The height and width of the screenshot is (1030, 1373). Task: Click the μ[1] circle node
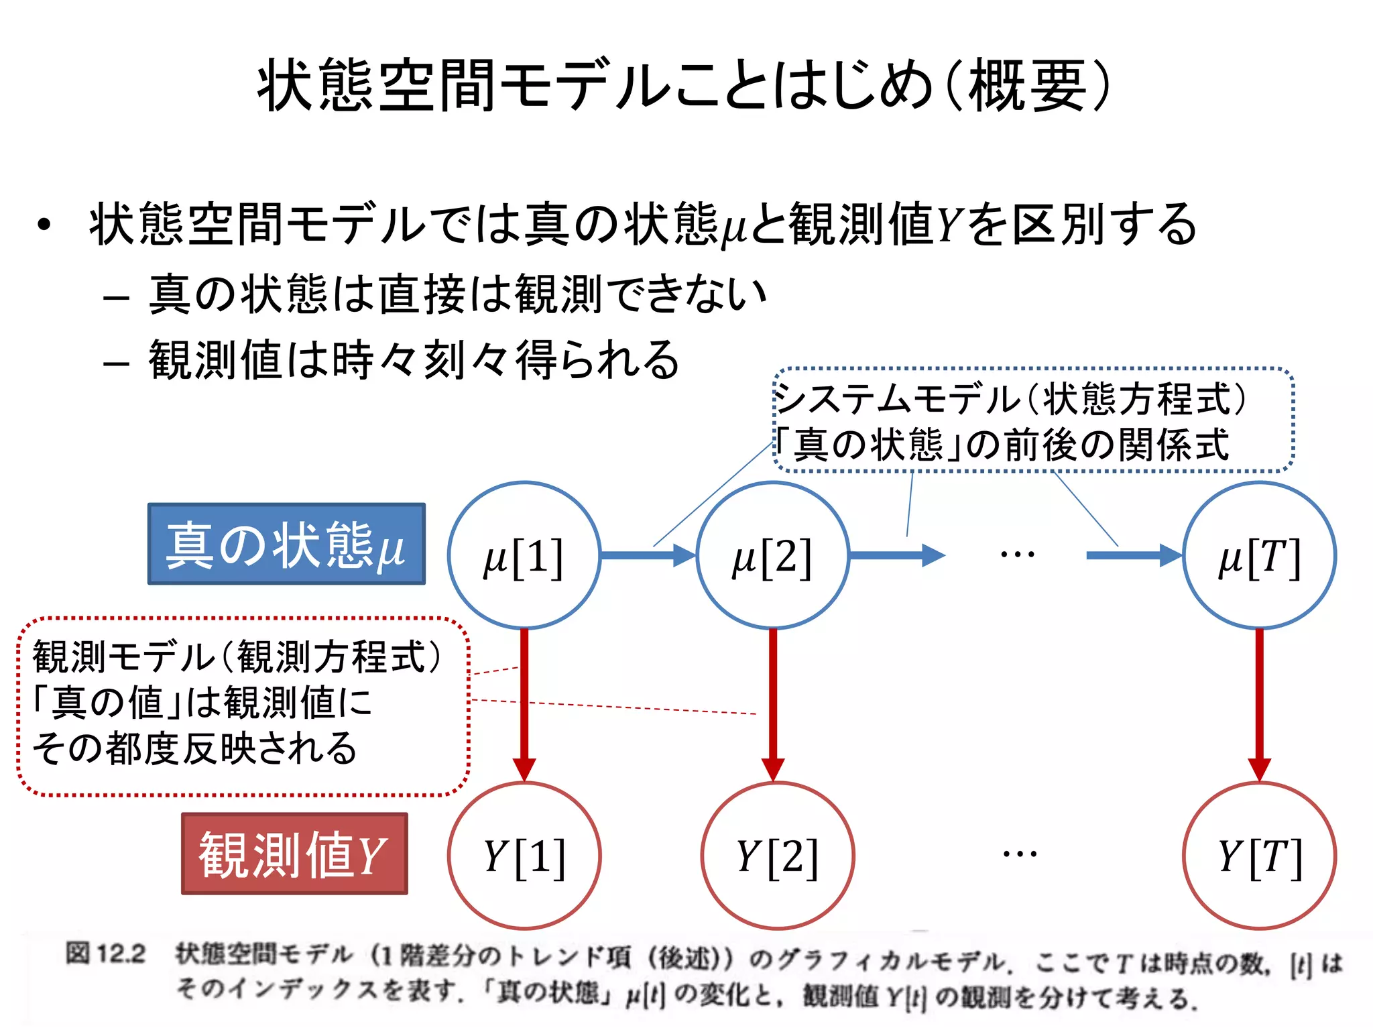tap(524, 555)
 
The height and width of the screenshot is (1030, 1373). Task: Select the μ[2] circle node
tap(772, 555)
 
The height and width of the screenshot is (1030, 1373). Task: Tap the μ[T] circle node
tap(1259, 555)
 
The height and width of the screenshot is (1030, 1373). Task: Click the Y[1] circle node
tap(524, 856)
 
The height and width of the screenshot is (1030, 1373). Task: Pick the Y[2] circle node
tap(777, 856)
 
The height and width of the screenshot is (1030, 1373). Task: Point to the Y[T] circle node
tap(1259, 856)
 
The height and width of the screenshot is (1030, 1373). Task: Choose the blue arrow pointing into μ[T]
tap(1133, 555)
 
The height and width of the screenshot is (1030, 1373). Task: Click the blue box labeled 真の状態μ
tap(286, 544)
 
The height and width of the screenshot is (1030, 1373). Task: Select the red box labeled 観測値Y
tap(294, 854)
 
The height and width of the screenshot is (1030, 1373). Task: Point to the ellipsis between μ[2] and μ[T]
tap(1017, 555)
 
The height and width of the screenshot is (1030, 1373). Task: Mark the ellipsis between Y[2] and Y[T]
tap(1020, 854)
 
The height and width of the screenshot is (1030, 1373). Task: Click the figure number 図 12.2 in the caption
tap(105, 953)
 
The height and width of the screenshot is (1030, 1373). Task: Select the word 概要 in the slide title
tap(1027, 85)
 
